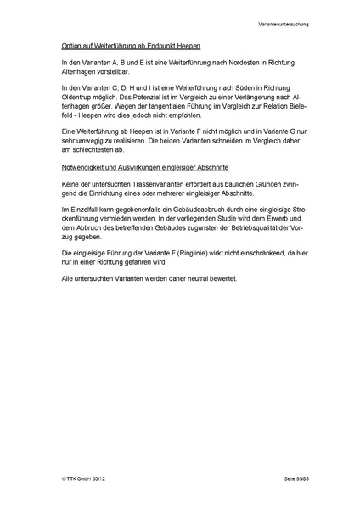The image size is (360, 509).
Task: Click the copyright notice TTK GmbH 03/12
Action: [84, 480]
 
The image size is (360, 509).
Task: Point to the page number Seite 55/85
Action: [300, 480]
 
